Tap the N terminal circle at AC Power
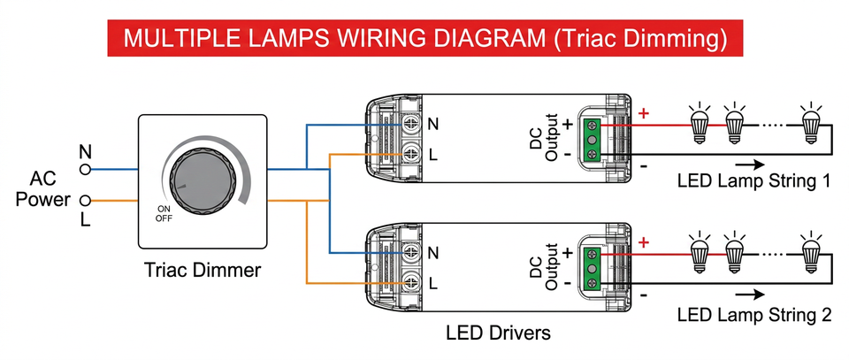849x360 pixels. tap(85, 170)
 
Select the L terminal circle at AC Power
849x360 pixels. tap(85, 202)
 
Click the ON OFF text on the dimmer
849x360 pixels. tap(163, 214)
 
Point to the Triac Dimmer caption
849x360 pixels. tap(203, 270)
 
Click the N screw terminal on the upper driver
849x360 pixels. tap(411, 124)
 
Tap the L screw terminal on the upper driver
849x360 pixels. tap(411, 154)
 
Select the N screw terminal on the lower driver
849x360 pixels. tap(411, 252)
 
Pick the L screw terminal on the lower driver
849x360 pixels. tap(411, 282)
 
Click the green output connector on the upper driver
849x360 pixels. tap(592, 140)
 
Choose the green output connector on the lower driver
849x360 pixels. tap(592, 268)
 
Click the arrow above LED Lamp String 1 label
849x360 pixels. tap(750, 164)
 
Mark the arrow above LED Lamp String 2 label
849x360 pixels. tap(750, 294)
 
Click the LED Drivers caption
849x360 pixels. tap(498, 333)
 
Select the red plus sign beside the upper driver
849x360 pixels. tap(644, 114)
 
